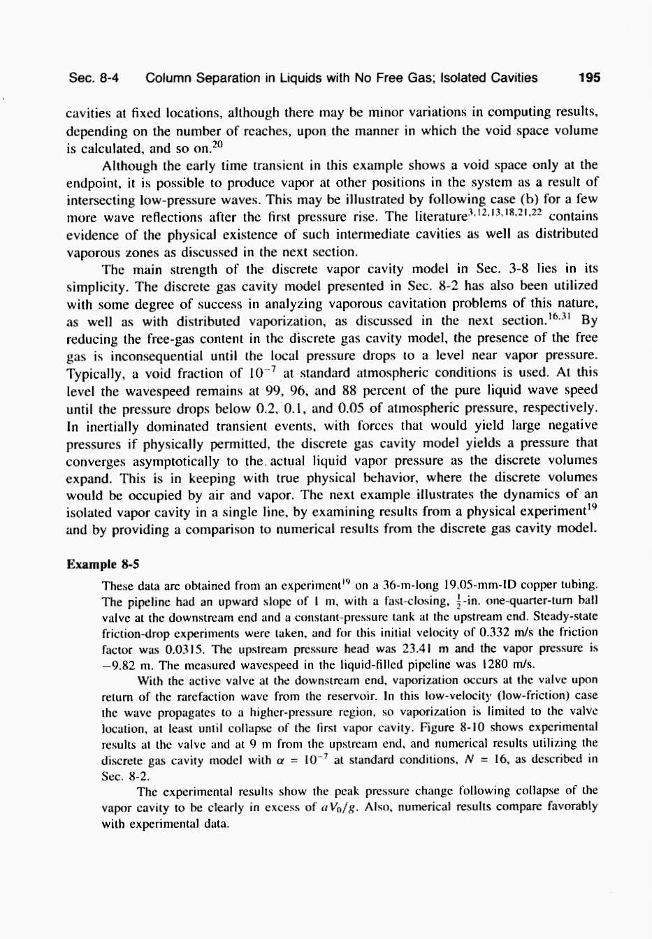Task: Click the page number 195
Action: tap(589, 78)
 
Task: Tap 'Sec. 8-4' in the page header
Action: tap(93, 78)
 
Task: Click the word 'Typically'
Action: tap(94, 373)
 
